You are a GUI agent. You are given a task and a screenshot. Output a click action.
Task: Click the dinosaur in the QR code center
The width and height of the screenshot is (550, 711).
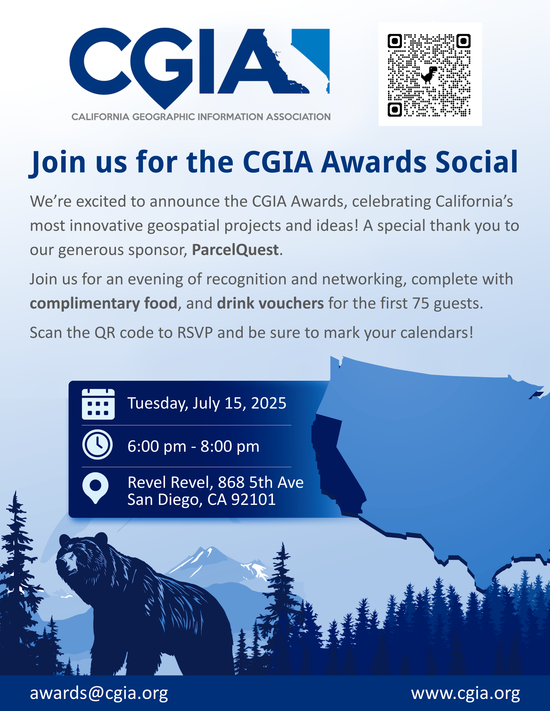(x=429, y=75)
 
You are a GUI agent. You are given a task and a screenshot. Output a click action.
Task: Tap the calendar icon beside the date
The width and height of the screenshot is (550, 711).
(x=98, y=404)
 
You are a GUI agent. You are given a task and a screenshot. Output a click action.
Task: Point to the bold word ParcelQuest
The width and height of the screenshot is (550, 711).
(x=235, y=250)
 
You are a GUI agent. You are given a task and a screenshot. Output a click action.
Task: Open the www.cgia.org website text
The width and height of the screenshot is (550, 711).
(x=465, y=693)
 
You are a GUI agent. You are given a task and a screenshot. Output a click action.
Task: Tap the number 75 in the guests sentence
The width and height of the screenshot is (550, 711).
(x=421, y=303)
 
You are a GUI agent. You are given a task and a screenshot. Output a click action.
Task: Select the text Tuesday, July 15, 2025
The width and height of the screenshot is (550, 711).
(x=207, y=403)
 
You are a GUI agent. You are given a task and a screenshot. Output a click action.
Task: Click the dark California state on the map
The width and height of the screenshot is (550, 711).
(x=336, y=462)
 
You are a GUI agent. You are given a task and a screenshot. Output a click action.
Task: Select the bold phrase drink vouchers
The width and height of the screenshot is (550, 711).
(x=270, y=303)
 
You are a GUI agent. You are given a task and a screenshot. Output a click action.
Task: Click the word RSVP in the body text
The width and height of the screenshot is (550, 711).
(x=195, y=333)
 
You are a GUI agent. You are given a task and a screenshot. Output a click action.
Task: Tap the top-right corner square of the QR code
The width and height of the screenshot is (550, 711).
(x=463, y=41)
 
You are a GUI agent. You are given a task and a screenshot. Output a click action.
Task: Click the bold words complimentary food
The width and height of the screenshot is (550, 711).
(x=104, y=304)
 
